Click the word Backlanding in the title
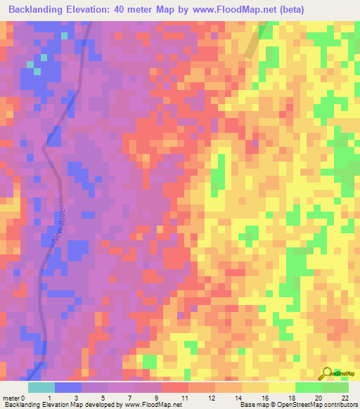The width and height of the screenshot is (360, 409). pyautogui.click(x=39, y=10)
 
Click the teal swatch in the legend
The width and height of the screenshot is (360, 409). pyautogui.click(x=41, y=387)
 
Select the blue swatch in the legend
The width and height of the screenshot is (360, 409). pyautogui.click(x=68, y=387)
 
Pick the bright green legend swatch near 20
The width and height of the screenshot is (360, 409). pyautogui.click(x=309, y=387)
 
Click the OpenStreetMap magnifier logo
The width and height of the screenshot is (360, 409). pyautogui.click(x=328, y=373)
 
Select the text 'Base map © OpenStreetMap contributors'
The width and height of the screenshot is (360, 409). pyautogui.click(x=297, y=405)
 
